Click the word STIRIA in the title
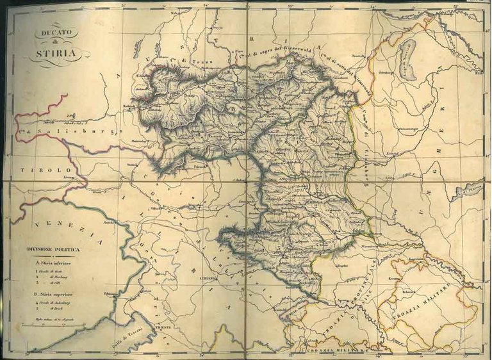point(56,54)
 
